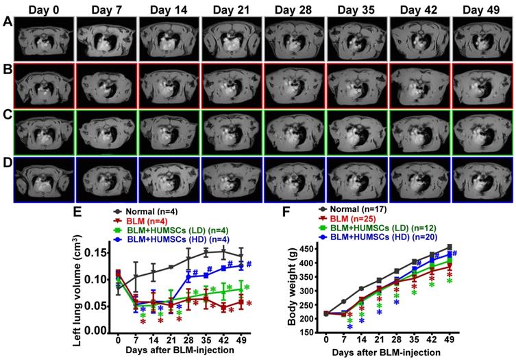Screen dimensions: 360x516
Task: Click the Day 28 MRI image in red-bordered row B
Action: coord(294,86)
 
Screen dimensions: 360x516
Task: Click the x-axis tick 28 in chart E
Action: coord(189,340)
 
